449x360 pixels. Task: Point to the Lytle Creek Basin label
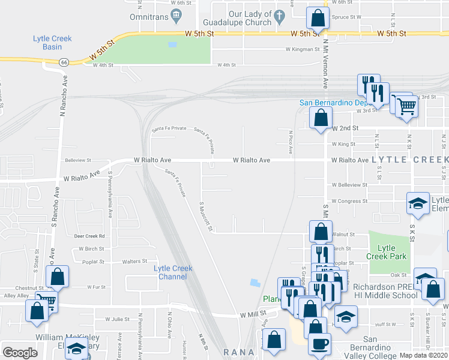pyautogui.click(x=52, y=43)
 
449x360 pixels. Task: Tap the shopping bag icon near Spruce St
pyautogui.click(x=318, y=19)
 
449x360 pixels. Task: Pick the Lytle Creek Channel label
pyautogui.click(x=173, y=272)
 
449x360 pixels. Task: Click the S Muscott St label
pyautogui.click(x=206, y=218)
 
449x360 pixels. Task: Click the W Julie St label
pyautogui.click(x=118, y=319)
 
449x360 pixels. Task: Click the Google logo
pyautogui.click(x=20, y=353)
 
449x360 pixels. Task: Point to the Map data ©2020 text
pyautogui.click(x=424, y=355)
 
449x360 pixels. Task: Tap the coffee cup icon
pyautogui.click(x=319, y=344)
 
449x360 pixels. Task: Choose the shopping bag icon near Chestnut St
pyautogui.click(x=58, y=277)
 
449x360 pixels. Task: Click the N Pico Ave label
pyautogui.click(x=291, y=142)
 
